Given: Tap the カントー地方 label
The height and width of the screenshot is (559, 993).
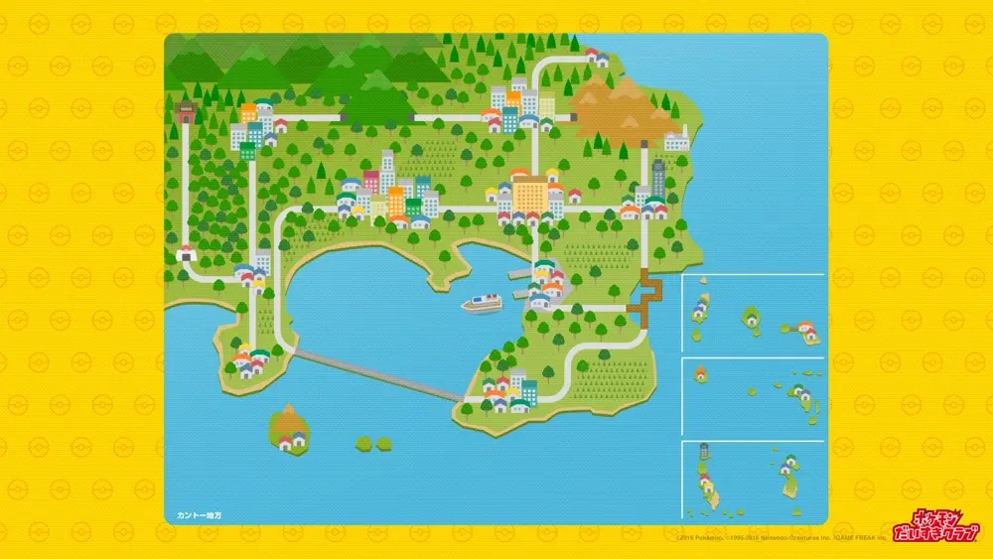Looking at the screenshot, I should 200,515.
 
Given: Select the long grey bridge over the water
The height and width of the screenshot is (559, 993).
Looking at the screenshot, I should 377,374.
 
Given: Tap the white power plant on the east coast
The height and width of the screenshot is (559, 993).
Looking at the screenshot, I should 676,140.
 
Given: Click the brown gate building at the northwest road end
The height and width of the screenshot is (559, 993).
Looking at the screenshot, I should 186,113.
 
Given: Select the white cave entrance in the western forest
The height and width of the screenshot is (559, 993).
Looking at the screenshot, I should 186,255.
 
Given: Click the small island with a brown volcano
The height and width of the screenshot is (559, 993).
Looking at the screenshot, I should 289,426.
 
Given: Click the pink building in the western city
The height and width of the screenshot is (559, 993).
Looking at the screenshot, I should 371,182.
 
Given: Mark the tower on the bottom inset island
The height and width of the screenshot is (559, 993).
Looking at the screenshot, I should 704,453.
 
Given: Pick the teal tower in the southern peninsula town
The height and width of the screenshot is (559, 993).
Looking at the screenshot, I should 528,391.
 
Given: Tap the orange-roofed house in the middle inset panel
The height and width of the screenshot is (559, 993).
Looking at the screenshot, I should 701,374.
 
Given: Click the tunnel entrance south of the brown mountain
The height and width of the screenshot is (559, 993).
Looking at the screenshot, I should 574,117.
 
